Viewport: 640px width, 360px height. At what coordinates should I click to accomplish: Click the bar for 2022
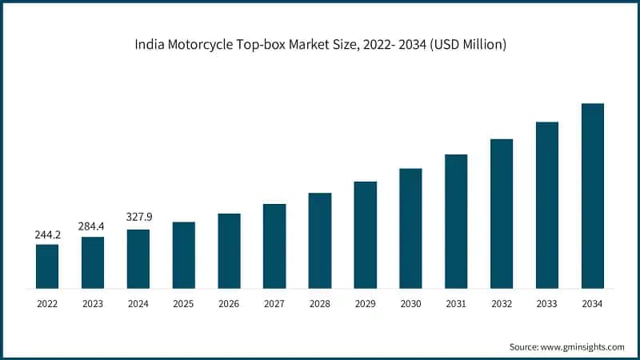click(47, 266)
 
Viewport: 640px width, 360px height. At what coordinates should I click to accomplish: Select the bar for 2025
click(183, 254)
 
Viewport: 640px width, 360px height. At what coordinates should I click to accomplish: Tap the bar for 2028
click(320, 240)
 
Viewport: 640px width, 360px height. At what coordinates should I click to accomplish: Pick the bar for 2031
click(456, 221)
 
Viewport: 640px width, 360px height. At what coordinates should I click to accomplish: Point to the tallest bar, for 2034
click(592, 195)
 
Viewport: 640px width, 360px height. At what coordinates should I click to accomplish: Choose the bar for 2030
click(410, 228)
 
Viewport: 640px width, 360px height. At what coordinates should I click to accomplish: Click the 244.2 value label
click(47, 235)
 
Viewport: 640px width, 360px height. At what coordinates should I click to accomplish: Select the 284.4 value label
click(93, 227)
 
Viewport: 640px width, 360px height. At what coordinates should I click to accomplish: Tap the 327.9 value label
click(138, 217)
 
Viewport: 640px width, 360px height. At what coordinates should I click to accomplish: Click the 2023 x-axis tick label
click(93, 304)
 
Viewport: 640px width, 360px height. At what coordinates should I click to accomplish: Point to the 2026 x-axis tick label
click(229, 304)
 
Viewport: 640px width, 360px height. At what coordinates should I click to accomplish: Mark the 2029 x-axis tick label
click(365, 304)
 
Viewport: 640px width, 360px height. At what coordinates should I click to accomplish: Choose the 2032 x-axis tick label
click(502, 304)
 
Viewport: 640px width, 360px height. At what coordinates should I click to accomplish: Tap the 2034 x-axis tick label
click(592, 304)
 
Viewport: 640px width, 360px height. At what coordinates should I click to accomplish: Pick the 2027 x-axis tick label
click(274, 304)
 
